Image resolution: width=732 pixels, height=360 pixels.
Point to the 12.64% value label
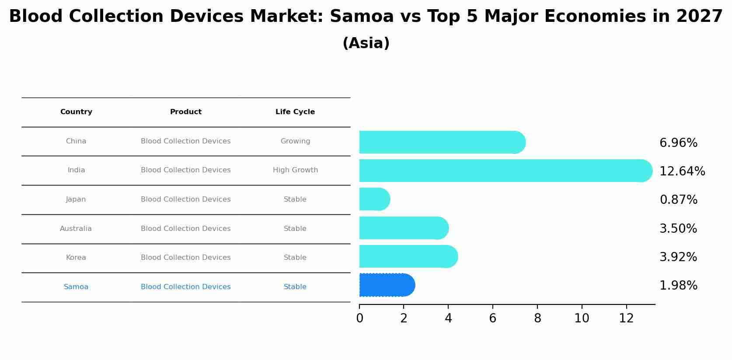pos(682,171)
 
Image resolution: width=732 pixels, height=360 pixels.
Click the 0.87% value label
pos(678,200)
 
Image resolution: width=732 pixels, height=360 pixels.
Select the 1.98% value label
pos(678,286)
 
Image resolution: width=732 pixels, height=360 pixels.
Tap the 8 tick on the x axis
pos(537,318)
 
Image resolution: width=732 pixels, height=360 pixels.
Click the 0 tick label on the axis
pos(359,318)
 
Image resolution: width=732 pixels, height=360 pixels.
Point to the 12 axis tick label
pos(626,318)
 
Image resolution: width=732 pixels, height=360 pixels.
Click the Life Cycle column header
pos(295,112)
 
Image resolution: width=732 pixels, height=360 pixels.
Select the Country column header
pos(76,112)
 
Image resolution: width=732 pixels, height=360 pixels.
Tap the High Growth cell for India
pos(295,170)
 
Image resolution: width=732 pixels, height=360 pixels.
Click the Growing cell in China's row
pos(295,141)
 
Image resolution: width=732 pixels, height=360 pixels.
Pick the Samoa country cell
pos(76,287)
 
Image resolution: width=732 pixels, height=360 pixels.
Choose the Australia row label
pos(76,229)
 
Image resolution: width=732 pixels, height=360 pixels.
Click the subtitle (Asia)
pos(366,43)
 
